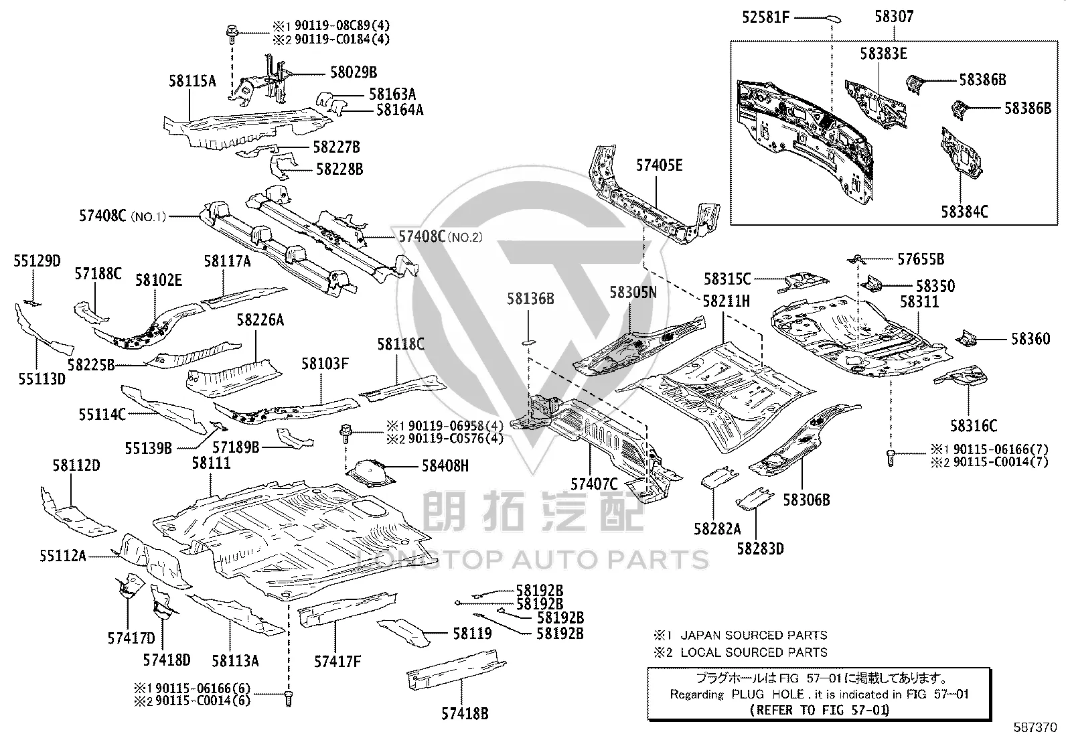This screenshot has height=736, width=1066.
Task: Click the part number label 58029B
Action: pos(354,72)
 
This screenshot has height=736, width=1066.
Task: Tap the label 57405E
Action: pos(659,165)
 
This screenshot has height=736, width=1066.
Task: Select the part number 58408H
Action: pos(445,465)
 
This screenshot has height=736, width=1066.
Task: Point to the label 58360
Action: pos(1031,339)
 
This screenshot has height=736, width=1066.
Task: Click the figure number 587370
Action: pos(1035,727)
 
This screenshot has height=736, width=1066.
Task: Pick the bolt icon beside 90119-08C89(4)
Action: pos(232,35)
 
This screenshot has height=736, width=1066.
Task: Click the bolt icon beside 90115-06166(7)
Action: pos(891,457)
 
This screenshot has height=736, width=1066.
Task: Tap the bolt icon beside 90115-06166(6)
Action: pos(288,698)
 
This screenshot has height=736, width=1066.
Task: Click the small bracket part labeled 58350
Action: pos(872,284)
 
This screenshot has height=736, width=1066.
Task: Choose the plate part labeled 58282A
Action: pos(719,477)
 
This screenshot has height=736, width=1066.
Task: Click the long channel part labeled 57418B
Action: pos(456,669)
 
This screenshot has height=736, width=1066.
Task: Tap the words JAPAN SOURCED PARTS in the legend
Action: pos(754,635)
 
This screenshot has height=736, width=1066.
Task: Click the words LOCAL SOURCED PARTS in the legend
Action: pos(754,652)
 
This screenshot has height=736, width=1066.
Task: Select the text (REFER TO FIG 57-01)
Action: pos(819,710)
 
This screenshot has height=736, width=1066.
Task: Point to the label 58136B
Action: pos(530,299)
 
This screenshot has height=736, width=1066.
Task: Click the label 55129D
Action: pos(37,261)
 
